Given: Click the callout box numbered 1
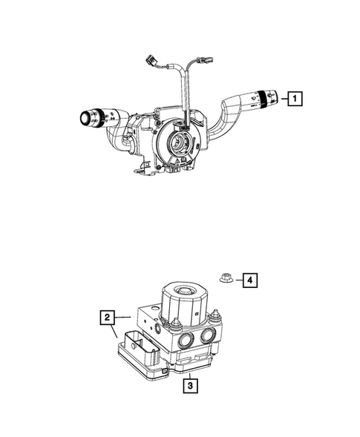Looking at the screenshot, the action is point(295,99).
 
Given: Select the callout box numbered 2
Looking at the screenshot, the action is point(107,318).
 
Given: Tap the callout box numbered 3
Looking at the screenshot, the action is point(191,386).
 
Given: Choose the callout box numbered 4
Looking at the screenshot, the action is point(250,280).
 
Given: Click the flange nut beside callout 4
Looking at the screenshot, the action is point(226,278).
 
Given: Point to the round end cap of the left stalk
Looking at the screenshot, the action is point(85,119).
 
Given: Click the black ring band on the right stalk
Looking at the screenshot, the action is point(262,99).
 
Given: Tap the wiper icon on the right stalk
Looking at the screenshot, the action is point(253,97).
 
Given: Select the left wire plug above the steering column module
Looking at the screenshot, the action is point(151,61).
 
